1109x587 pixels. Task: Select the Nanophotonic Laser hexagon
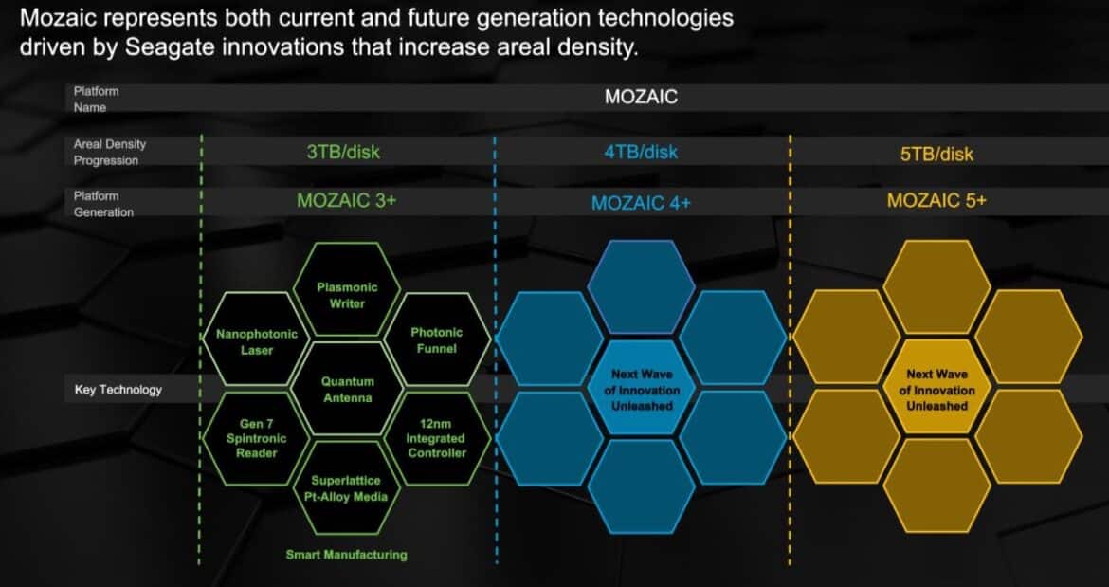pyautogui.click(x=256, y=339)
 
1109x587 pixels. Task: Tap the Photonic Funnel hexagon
pyautogui.click(x=436, y=339)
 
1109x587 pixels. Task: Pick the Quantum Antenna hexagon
pyautogui.click(x=347, y=389)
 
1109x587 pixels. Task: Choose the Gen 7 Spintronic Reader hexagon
pyautogui.click(x=256, y=438)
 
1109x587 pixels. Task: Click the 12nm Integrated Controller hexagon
pyautogui.click(x=436, y=438)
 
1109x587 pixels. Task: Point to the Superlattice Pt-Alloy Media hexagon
pyautogui.click(x=347, y=488)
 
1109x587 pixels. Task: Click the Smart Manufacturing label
pyautogui.click(x=347, y=555)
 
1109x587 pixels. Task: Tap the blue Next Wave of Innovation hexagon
pyautogui.click(x=642, y=388)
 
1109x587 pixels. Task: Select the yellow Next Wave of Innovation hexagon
pyautogui.click(x=937, y=388)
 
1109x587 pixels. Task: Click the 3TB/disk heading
pyautogui.click(x=344, y=152)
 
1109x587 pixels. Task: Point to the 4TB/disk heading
pyautogui.click(x=641, y=152)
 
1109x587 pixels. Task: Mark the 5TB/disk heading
pyautogui.click(x=936, y=154)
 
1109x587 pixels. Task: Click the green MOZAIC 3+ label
pyautogui.click(x=347, y=200)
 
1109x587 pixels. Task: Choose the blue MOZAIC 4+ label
pyautogui.click(x=641, y=203)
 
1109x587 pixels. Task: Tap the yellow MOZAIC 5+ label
pyautogui.click(x=936, y=200)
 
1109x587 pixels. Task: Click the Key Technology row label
pyautogui.click(x=118, y=390)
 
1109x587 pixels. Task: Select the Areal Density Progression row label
pyautogui.click(x=110, y=152)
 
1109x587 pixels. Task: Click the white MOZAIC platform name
pyautogui.click(x=641, y=97)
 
